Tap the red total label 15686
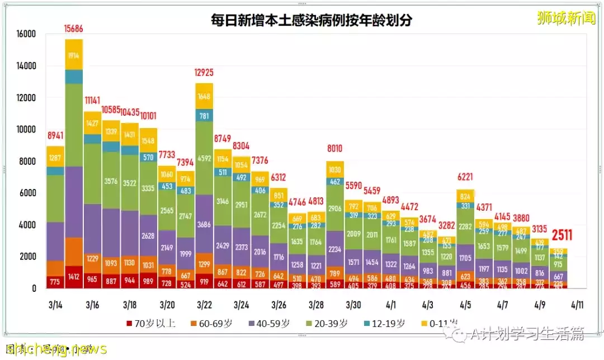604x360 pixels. (74, 28)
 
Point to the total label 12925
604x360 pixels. (204, 72)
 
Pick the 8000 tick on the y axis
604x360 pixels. (27, 162)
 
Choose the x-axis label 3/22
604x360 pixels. (204, 305)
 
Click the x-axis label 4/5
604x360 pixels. (465, 305)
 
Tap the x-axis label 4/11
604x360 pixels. (577, 305)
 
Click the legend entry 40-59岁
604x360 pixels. (271, 324)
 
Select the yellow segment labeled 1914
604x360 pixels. (74, 56)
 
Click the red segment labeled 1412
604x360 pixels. (74, 276)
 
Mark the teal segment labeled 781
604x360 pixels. (204, 116)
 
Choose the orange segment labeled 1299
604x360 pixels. (204, 264)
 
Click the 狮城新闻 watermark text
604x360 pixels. (565, 18)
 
